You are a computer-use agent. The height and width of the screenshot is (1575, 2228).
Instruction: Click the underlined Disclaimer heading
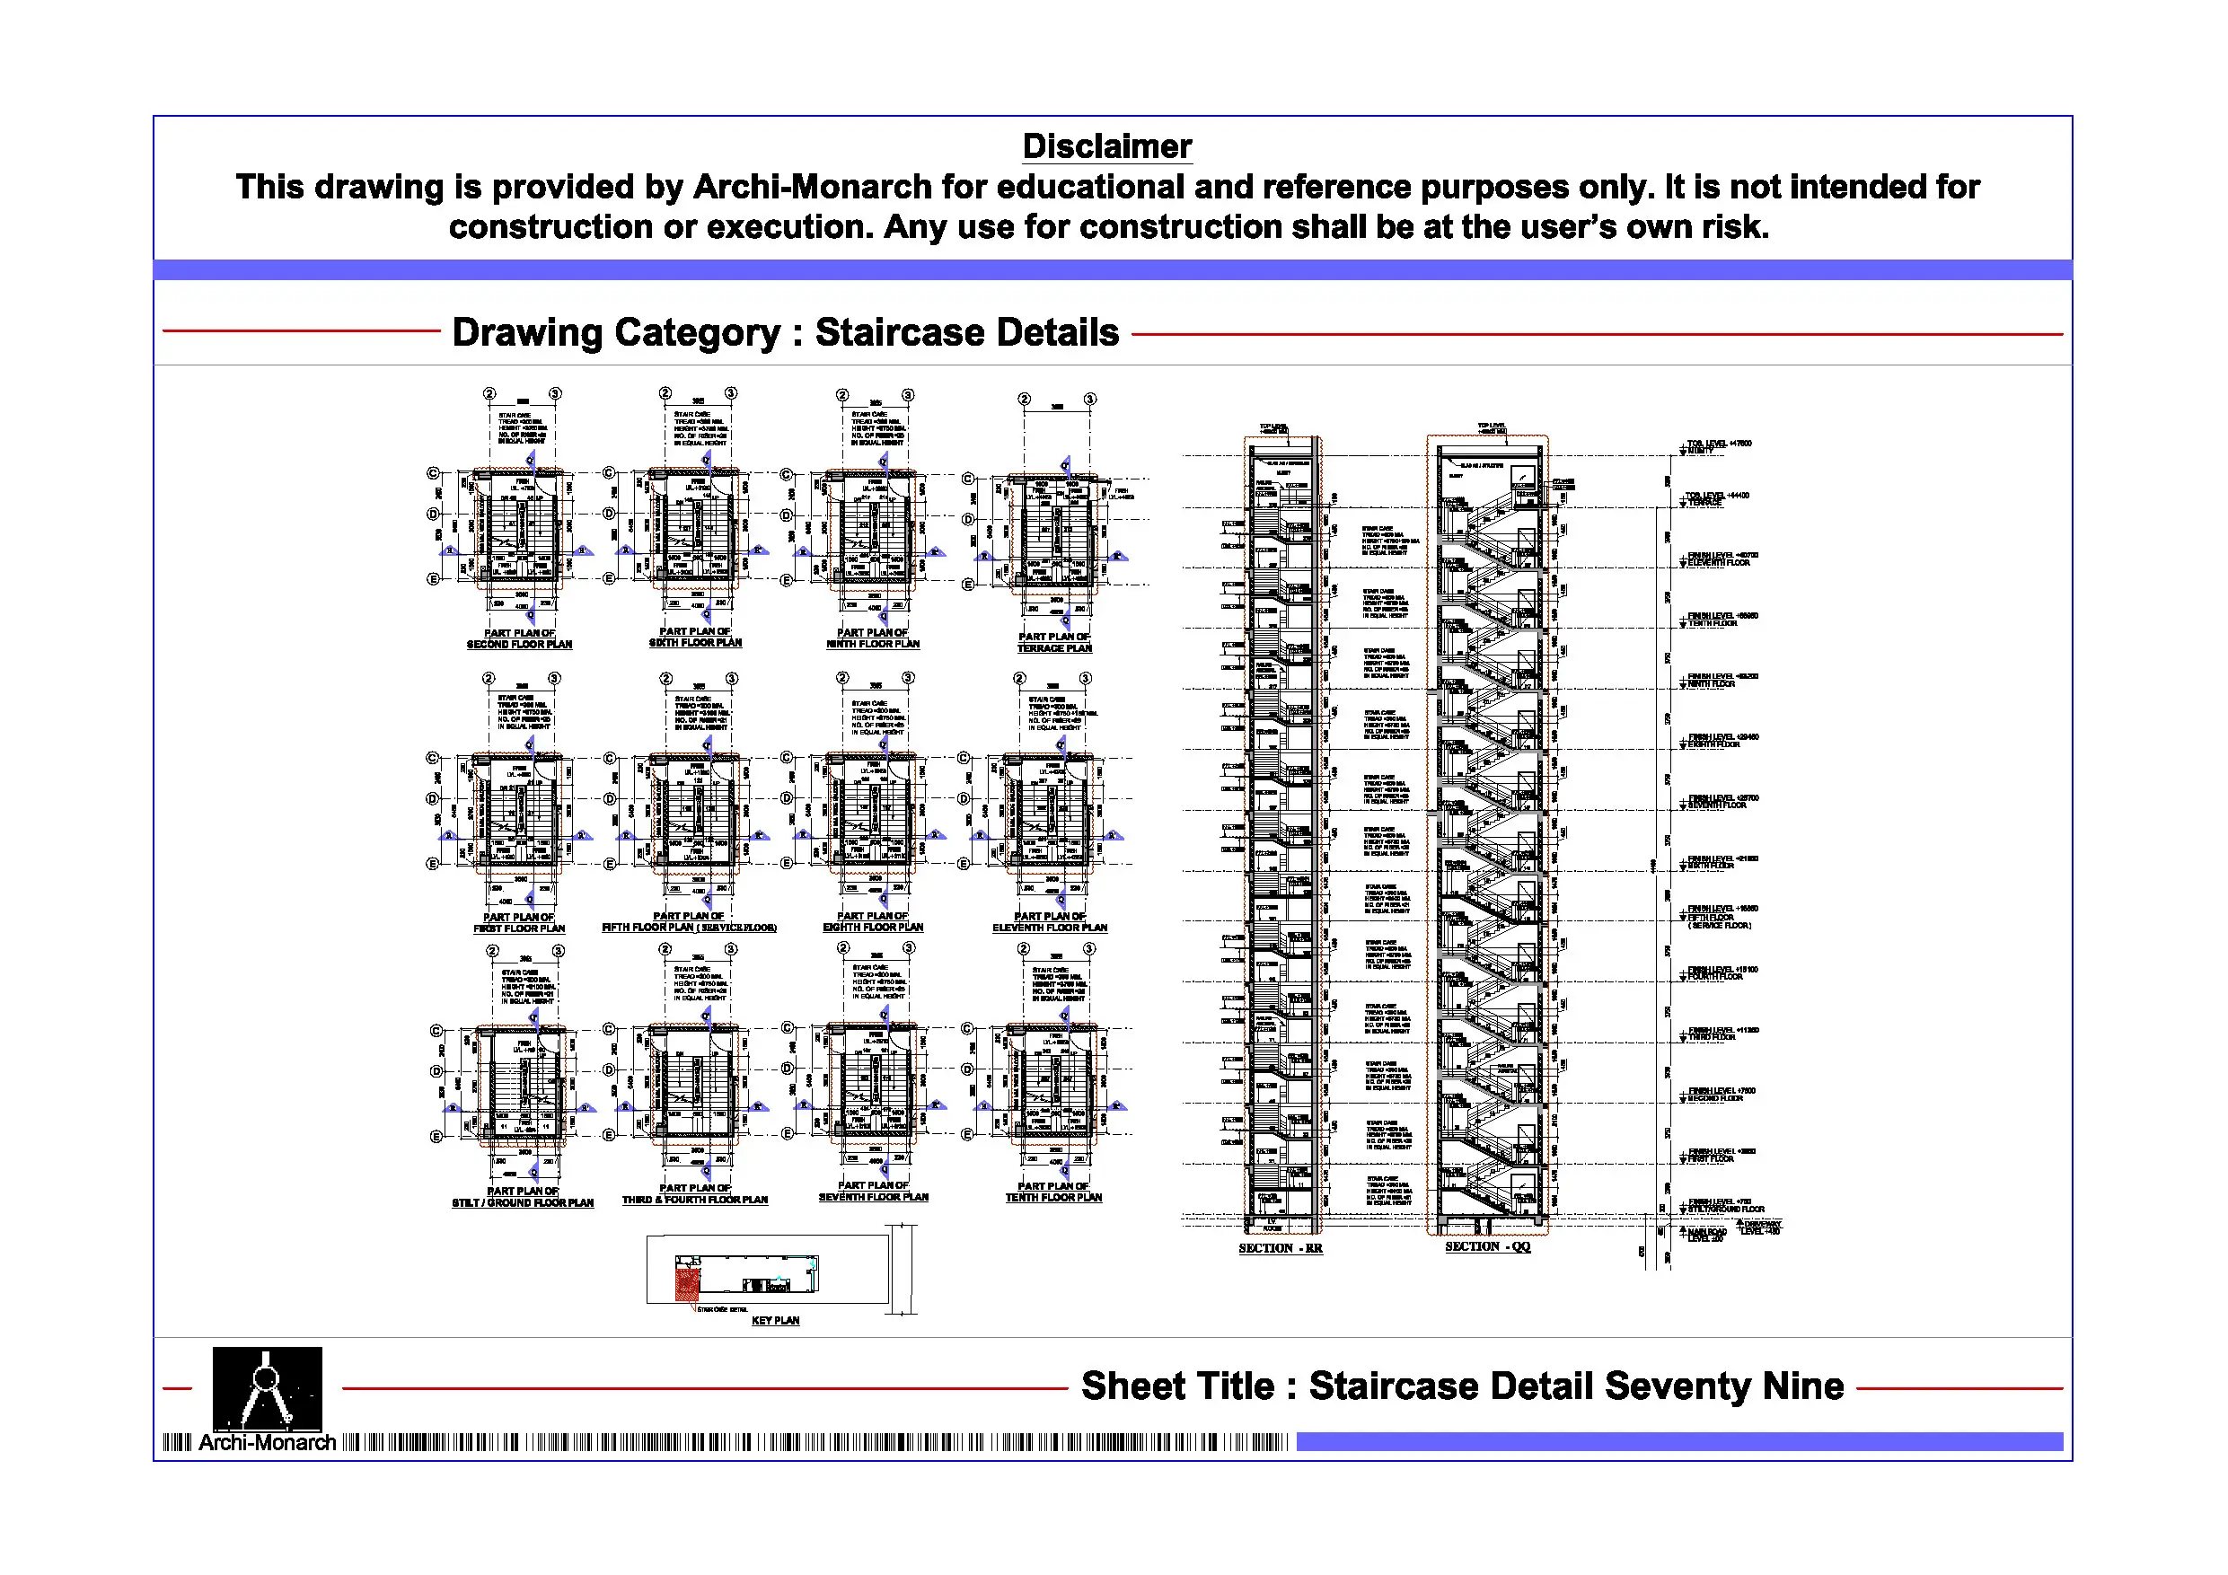pyautogui.click(x=1106, y=146)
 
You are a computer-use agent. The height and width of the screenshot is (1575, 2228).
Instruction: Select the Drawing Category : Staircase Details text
pyautogui.click(x=785, y=332)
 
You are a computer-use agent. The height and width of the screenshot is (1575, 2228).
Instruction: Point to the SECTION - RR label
pyautogui.click(x=1280, y=1248)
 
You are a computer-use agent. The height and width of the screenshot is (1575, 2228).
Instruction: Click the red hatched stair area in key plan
pyautogui.click(x=687, y=1283)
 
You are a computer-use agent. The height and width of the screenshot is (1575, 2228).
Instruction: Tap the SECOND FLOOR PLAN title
pyautogui.click(x=519, y=645)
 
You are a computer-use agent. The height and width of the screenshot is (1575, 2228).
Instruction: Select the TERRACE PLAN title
pyautogui.click(x=1054, y=648)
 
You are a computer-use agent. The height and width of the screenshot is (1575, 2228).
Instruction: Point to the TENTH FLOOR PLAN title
pyautogui.click(x=1054, y=1198)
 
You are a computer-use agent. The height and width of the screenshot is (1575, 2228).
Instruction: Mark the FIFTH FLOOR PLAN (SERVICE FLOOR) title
pyautogui.click(x=689, y=928)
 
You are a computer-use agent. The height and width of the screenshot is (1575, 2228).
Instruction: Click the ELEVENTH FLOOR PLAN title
pyautogui.click(x=1049, y=928)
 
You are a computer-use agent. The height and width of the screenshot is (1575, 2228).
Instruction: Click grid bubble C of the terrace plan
pyautogui.click(x=967, y=479)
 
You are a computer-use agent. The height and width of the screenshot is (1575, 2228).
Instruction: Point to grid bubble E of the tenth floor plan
pyautogui.click(x=967, y=1134)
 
